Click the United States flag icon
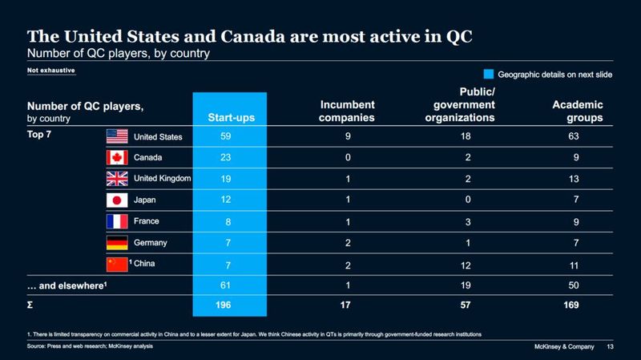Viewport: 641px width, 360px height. [x=119, y=136]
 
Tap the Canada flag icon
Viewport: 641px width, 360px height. [x=119, y=157]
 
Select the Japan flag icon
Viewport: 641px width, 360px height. [x=119, y=199]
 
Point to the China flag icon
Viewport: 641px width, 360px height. [x=119, y=262]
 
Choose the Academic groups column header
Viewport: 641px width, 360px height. [x=578, y=111]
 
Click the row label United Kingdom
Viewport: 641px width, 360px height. [x=163, y=179]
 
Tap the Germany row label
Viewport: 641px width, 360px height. [x=152, y=242]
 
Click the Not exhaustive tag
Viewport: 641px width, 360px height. [x=51, y=71]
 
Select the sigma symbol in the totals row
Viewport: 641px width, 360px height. [x=31, y=305]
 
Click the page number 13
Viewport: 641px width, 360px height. [x=611, y=346]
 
